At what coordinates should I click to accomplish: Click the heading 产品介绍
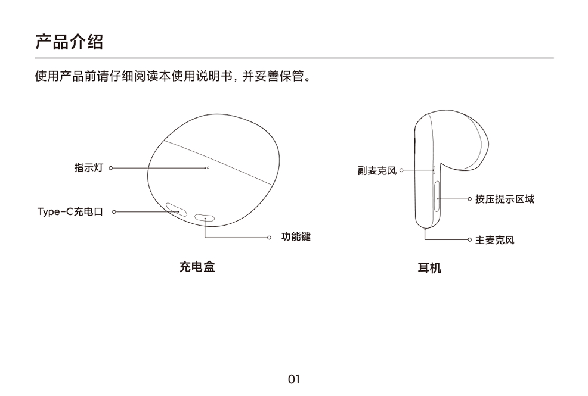69,42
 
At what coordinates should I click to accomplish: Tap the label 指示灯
88,168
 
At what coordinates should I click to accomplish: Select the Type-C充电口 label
70,212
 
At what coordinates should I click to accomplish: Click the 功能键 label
296,236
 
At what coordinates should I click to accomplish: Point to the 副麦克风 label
377,171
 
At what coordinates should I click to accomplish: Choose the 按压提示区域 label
505,199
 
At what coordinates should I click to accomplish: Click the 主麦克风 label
494,240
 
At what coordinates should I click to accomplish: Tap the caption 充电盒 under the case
197,267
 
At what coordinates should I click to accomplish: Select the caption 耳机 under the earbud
429,268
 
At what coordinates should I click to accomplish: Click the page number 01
294,379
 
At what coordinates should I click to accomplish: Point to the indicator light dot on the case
208,168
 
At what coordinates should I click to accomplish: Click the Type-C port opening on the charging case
177,210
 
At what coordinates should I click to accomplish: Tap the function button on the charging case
205,217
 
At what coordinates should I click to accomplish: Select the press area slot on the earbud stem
437,196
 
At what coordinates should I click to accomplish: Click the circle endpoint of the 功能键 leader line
269,238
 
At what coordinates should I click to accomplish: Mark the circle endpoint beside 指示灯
111,168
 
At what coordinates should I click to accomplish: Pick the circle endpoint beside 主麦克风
469,239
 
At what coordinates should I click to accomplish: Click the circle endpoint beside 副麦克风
401,170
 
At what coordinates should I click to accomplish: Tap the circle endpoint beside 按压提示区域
469,199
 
